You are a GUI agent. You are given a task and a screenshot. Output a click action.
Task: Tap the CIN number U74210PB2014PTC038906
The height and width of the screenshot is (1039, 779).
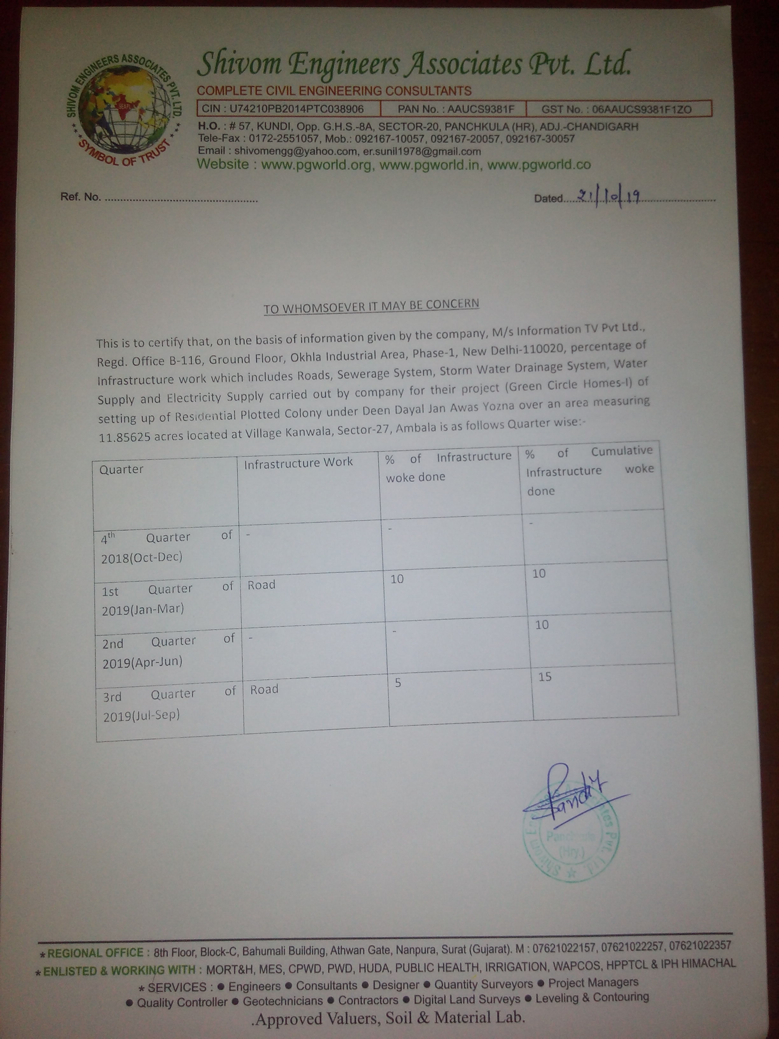click(x=296, y=109)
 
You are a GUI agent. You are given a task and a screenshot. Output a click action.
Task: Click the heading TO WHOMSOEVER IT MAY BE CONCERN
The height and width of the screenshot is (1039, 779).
click(x=371, y=306)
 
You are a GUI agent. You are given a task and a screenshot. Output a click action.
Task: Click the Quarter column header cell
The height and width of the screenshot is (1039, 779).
click(x=122, y=469)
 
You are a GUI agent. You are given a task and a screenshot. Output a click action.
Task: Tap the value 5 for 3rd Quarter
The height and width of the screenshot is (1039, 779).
click(x=398, y=683)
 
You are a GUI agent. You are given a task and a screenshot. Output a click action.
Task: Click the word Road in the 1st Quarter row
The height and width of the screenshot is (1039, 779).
click(x=262, y=585)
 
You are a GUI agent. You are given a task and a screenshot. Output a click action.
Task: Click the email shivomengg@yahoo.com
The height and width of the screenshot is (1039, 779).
click(x=295, y=151)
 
